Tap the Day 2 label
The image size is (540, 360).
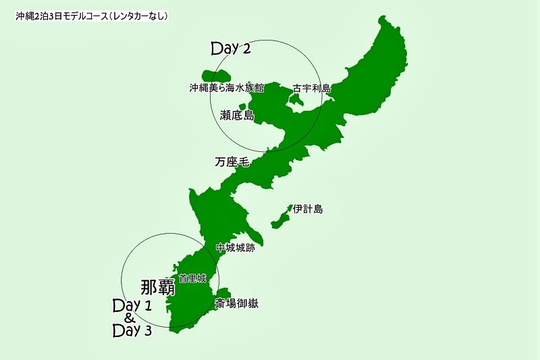(x=231, y=49)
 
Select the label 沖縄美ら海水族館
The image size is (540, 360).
(x=226, y=88)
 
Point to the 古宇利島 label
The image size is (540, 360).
(x=312, y=88)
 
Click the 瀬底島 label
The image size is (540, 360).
(x=237, y=115)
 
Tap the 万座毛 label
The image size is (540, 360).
(x=232, y=162)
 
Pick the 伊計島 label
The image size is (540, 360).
(x=308, y=209)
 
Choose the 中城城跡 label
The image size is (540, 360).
(x=236, y=248)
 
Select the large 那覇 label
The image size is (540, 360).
(x=158, y=287)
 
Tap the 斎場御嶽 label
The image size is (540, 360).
(x=236, y=304)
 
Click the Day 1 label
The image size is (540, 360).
(x=132, y=305)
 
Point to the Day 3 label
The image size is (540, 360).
(x=132, y=331)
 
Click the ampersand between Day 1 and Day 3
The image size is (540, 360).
(x=130, y=318)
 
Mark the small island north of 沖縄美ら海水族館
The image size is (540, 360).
(x=216, y=76)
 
